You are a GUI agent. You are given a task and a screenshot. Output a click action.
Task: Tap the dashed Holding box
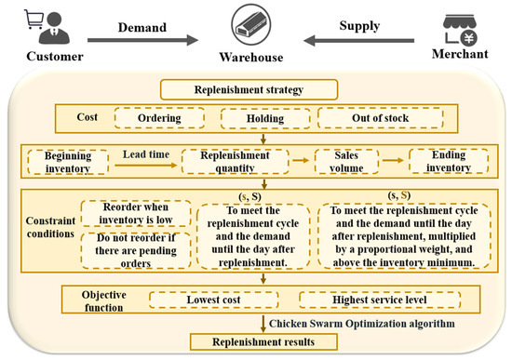click(x=263, y=118)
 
